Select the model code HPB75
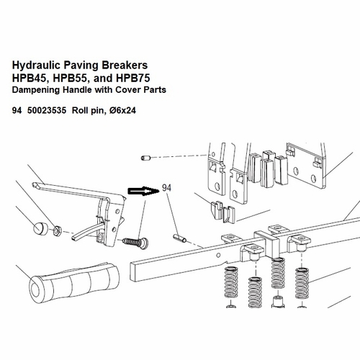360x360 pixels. [x=132, y=78]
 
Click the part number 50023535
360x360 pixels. [x=47, y=110]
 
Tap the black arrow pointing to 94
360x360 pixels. [x=143, y=191]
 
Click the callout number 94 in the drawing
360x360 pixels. [x=166, y=188]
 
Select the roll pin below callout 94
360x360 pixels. [x=180, y=238]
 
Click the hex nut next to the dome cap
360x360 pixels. [x=58, y=230]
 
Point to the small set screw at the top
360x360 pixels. [x=145, y=158]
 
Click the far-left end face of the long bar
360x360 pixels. [x=133, y=272]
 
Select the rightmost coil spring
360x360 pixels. [x=302, y=284]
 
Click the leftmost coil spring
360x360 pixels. [x=231, y=282]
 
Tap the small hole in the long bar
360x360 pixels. [x=218, y=255]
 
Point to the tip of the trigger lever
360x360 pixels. [x=34, y=184]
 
